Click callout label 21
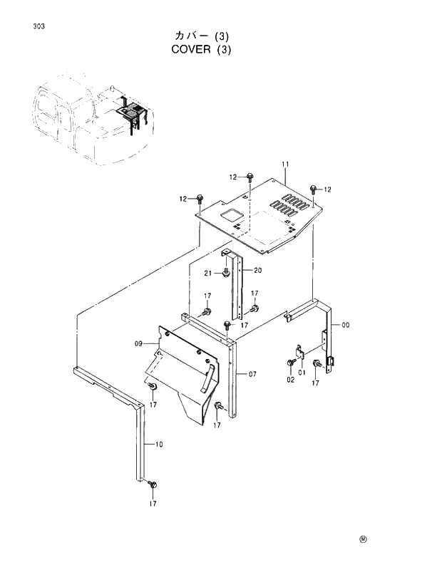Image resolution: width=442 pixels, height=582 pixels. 207,274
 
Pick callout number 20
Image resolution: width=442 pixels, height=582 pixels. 257,270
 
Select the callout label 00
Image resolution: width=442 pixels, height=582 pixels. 346,326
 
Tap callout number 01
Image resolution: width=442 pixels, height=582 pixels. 301,370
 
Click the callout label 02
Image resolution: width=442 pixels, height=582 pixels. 290,380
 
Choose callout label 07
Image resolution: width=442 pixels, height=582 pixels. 252,373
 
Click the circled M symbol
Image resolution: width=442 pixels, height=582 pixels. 362,539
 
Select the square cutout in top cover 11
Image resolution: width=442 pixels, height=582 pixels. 230,214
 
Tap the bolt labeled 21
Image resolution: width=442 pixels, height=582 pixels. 226,274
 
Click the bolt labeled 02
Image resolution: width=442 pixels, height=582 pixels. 291,364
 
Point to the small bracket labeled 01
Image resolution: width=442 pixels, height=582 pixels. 301,352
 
